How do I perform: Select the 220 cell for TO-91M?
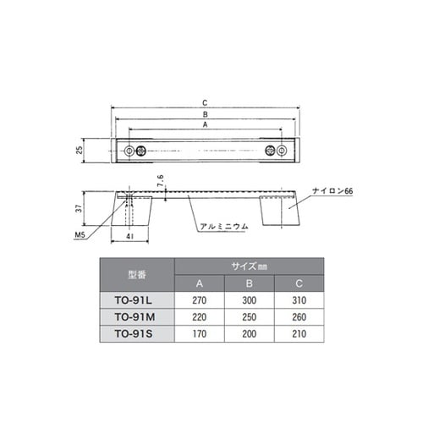tap(200, 316)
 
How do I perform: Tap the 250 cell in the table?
tap(250, 316)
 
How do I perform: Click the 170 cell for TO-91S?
tap(200, 332)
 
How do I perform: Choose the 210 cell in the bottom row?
tap(299, 332)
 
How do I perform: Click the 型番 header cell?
tap(137, 273)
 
